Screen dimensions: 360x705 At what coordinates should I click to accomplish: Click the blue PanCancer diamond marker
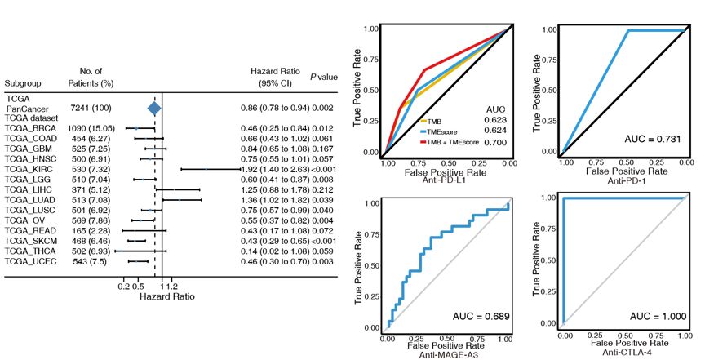tap(153, 108)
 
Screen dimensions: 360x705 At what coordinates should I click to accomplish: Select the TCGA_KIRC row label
tap(29, 169)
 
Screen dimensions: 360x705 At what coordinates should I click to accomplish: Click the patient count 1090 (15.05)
tap(92, 128)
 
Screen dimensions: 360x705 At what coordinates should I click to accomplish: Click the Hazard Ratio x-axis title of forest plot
tap(168, 297)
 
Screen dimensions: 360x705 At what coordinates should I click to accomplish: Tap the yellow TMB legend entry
tap(435, 121)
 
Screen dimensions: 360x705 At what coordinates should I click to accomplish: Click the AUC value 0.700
tap(495, 142)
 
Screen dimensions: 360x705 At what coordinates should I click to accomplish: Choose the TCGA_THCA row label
tap(29, 251)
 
